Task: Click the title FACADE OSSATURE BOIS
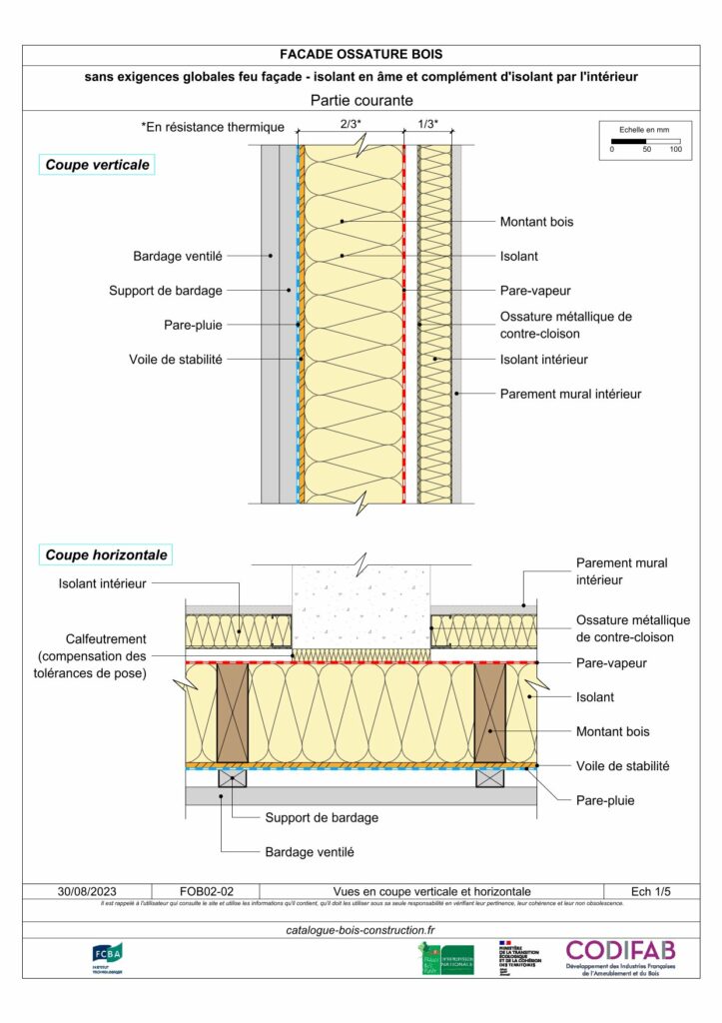[x=361, y=54]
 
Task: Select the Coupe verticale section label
[x=97, y=164]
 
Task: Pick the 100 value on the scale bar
[x=676, y=149]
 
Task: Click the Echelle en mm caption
[x=644, y=130]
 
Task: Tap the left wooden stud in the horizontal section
[x=233, y=713]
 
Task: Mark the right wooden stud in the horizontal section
[x=489, y=713]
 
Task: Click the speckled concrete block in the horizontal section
[x=361, y=604]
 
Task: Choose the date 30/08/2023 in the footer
[x=87, y=891]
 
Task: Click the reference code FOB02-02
[x=206, y=891]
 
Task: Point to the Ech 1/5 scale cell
[x=651, y=891]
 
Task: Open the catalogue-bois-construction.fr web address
[x=361, y=930]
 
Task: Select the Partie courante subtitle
[x=361, y=100]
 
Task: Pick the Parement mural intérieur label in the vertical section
[x=570, y=394]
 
